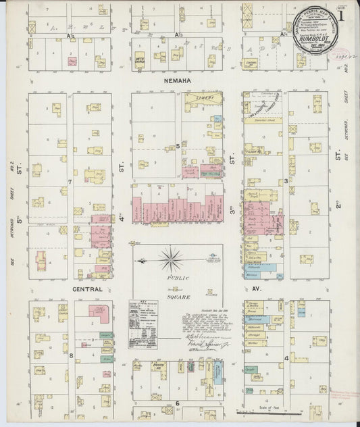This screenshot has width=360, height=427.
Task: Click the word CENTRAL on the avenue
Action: pyautogui.click(x=87, y=289)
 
